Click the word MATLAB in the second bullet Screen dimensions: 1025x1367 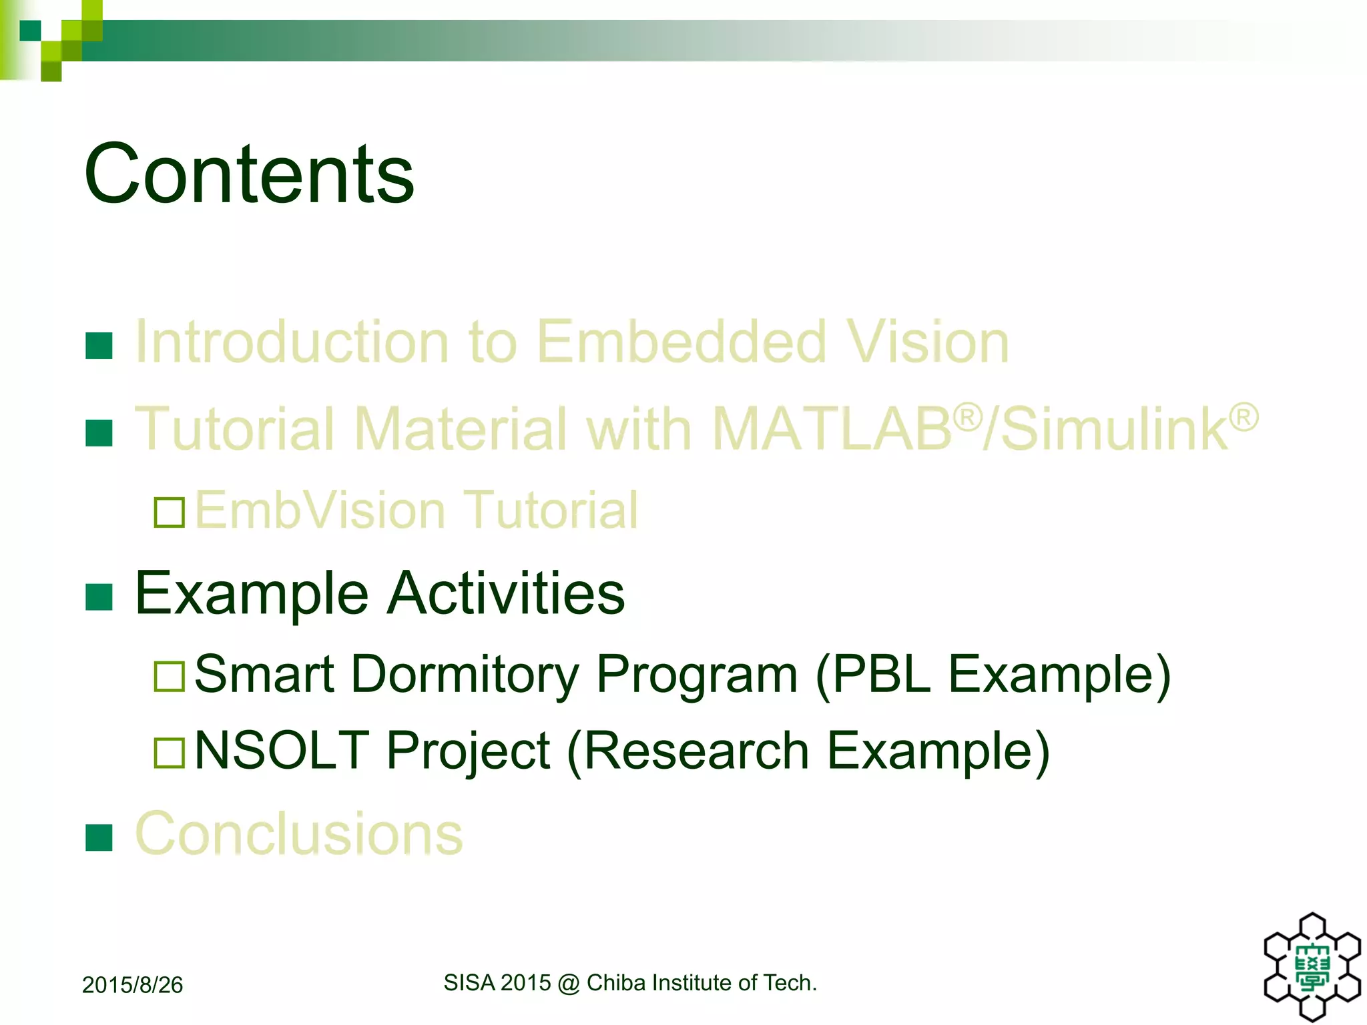pyautogui.click(x=832, y=428)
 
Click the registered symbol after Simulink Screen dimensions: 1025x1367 pyautogui.click(x=1244, y=417)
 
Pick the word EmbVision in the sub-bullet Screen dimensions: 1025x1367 pyautogui.click(x=320, y=510)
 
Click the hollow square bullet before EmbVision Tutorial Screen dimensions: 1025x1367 pyautogui.click(x=169, y=512)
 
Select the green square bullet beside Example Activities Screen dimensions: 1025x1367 pyautogui.click(x=99, y=597)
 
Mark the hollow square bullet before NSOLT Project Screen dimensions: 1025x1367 pyautogui.click(x=169, y=753)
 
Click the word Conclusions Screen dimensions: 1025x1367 pyautogui.click(x=298, y=833)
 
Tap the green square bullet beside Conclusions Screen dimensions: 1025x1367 pyautogui.click(x=99, y=837)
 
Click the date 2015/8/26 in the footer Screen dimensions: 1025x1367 pyautogui.click(x=132, y=985)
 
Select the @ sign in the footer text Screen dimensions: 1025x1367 pyautogui.click(x=569, y=984)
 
